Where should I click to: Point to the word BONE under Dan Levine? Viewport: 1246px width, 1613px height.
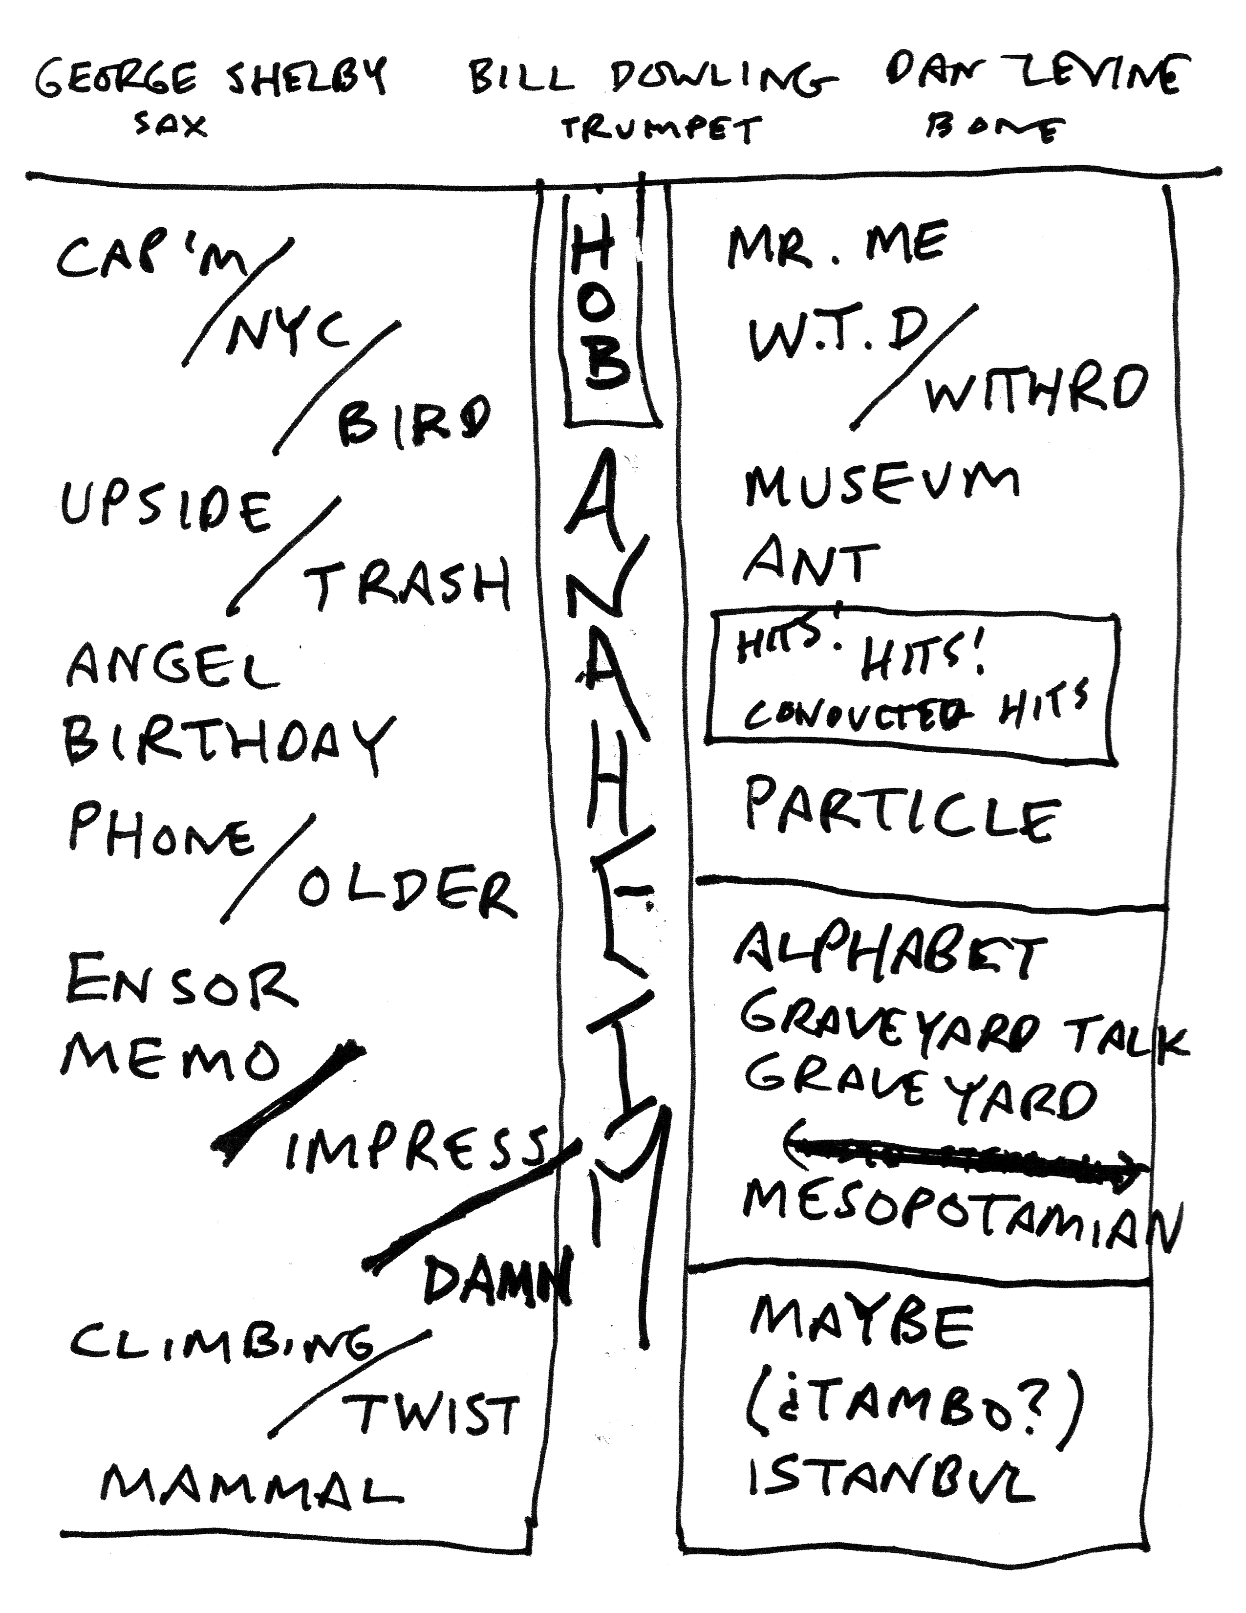point(993,129)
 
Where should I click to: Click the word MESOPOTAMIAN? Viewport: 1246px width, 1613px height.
point(960,1215)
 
